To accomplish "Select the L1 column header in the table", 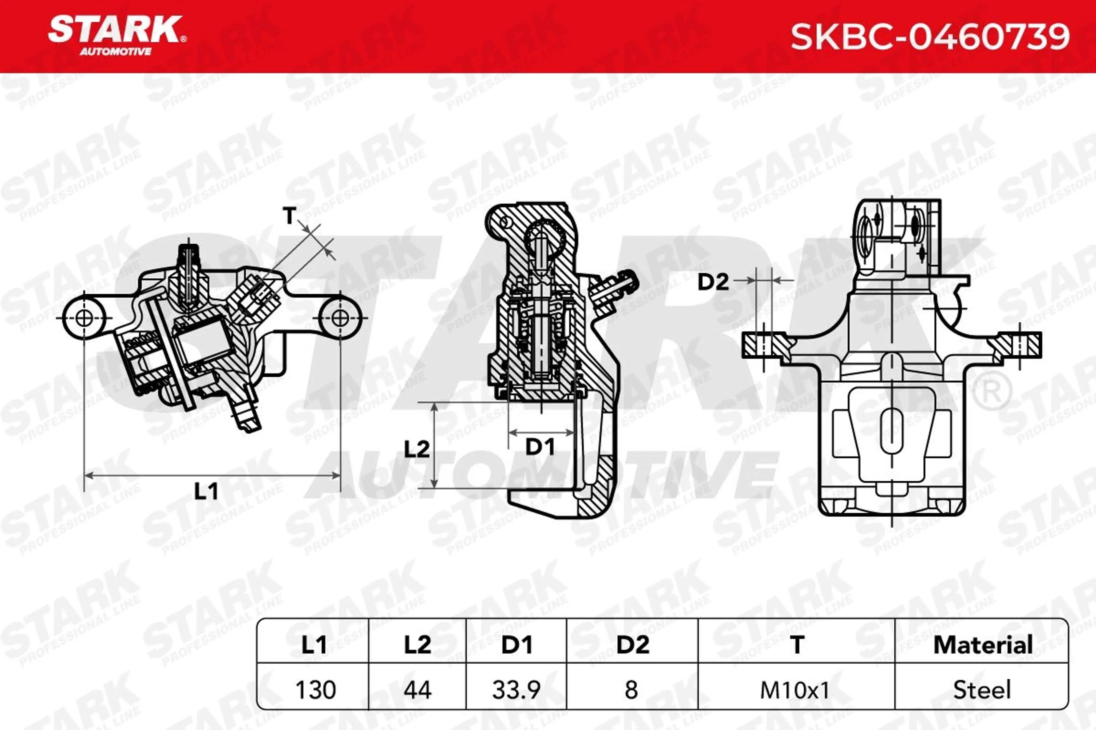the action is tap(314, 645).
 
